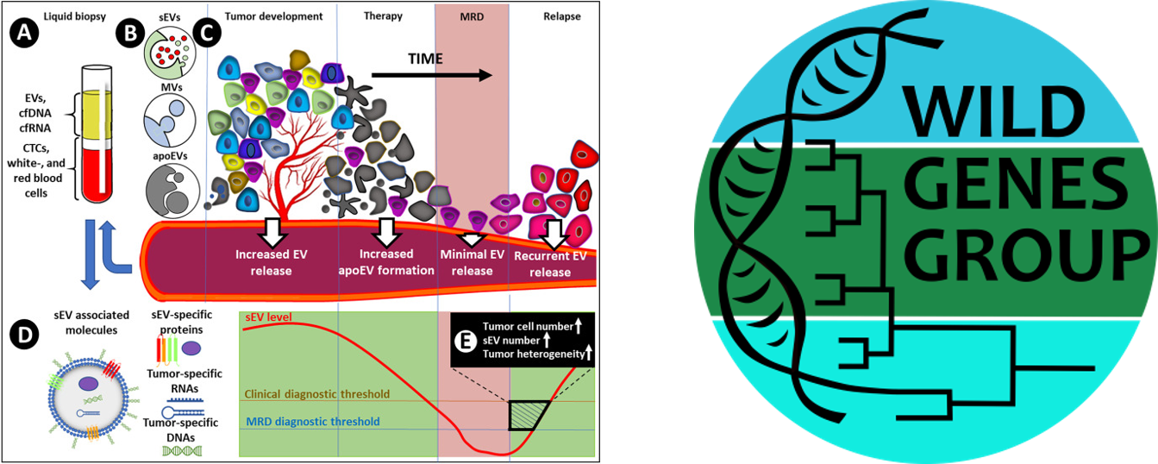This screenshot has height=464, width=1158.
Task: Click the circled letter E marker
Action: click(466, 342)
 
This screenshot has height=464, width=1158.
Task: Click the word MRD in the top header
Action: click(473, 16)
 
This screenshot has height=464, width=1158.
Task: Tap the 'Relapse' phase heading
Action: click(563, 16)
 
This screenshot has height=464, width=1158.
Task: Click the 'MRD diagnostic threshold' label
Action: click(312, 422)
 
